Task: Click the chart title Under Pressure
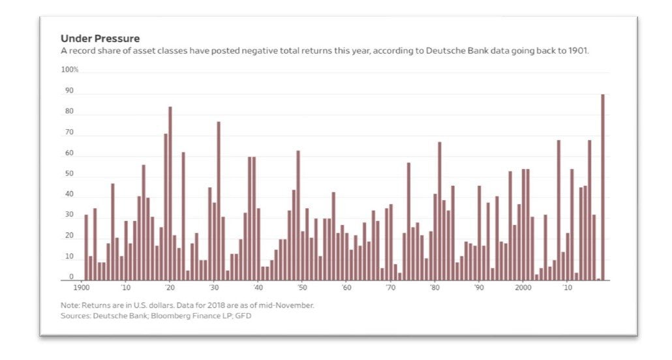[100, 38]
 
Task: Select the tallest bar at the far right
[603, 187]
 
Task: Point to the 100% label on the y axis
[70, 70]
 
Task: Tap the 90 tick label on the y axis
[69, 91]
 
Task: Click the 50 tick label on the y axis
[69, 175]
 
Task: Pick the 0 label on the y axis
[71, 277]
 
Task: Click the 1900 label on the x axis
[81, 287]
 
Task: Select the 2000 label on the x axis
[523, 287]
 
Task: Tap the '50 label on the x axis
[302, 287]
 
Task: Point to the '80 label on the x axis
[435, 287]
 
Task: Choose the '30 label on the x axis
[213, 287]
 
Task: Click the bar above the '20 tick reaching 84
[170, 193]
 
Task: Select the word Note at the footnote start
[70, 305]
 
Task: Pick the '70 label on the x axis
[390, 287]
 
